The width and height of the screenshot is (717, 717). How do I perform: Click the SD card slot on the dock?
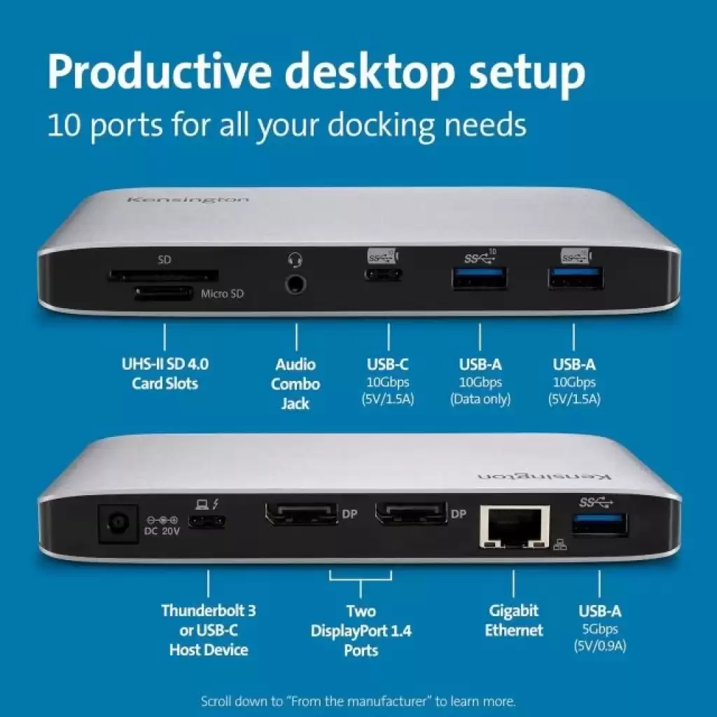(162, 276)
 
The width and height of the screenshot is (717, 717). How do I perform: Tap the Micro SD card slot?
(164, 293)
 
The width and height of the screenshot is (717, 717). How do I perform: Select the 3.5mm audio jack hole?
(296, 284)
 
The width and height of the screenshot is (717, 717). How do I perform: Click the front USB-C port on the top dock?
(383, 274)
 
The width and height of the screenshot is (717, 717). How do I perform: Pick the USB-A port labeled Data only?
(480, 278)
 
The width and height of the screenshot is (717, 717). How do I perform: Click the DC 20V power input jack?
(118, 523)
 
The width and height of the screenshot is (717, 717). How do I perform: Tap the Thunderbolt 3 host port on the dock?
(207, 522)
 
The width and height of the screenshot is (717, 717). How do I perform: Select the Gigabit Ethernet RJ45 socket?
(515, 527)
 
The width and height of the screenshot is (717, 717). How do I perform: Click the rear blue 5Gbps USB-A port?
(599, 524)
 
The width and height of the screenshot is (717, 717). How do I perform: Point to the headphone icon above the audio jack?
(295, 260)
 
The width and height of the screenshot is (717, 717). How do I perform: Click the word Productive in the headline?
(160, 73)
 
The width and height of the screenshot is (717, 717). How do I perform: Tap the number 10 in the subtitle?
(64, 125)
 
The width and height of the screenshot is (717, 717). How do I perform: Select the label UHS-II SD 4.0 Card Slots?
(165, 374)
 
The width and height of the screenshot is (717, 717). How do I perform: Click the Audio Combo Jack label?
(295, 384)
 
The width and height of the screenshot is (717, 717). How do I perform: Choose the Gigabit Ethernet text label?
(514, 620)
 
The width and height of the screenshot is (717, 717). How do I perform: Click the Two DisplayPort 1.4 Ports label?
(361, 631)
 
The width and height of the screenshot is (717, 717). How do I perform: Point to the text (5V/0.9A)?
(600, 646)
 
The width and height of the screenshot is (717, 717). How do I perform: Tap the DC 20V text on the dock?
(162, 531)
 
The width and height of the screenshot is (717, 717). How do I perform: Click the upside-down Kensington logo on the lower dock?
(544, 476)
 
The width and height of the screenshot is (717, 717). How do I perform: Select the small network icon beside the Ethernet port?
(560, 544)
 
